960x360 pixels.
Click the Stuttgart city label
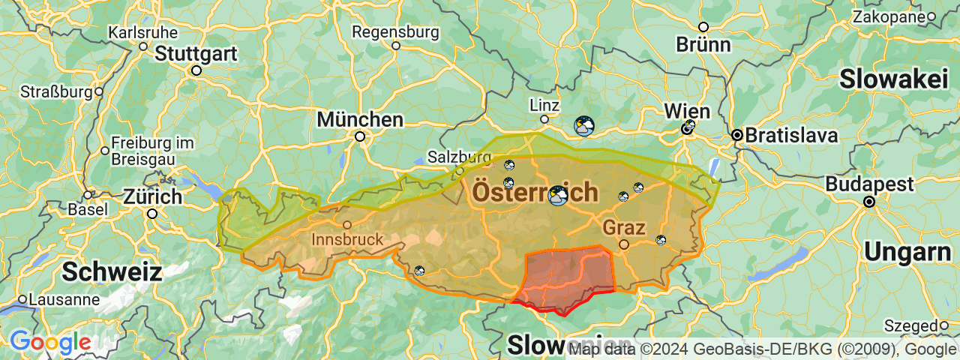point(196,54)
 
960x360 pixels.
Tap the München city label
point(360,119)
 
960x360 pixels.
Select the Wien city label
point(687,111)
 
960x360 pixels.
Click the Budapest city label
point(869,184)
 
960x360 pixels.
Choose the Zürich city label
point(153,197)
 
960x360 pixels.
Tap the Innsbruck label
point(346,240)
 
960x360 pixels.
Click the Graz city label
point(624,226)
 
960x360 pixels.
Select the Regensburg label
point(395,32)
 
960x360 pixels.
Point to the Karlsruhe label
point(143,32)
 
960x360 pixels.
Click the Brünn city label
point(703,44)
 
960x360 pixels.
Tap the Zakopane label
point(887,16)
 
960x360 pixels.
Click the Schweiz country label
point(112,271)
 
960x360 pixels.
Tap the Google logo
point(50,343)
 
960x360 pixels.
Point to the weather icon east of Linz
point(583,125)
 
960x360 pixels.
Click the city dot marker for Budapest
point(869,202)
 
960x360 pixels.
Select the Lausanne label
point(64,299)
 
